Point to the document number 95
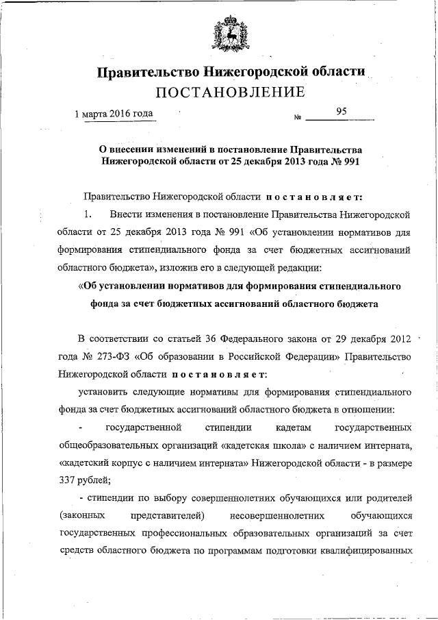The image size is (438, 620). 342,111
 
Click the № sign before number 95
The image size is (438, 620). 298,118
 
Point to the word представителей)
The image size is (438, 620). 164,515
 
